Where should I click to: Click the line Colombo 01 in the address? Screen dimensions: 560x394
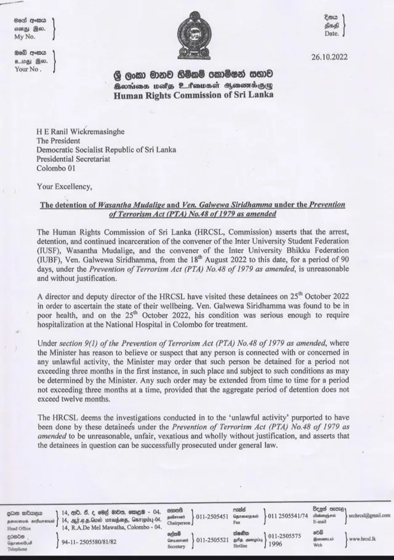click(x=57, y=167)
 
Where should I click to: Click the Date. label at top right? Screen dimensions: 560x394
click(x=331, y=34)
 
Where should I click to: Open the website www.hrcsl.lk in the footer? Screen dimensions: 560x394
click(x=363, y=540)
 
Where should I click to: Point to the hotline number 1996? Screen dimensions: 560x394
click(x=275, y=544)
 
